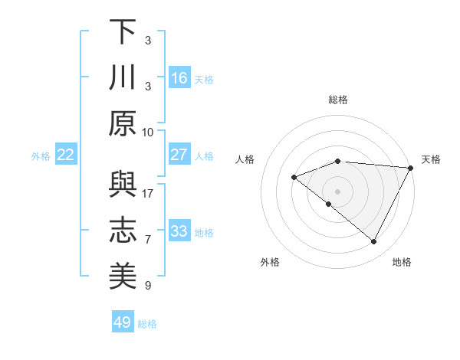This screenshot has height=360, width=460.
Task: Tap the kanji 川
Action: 123,78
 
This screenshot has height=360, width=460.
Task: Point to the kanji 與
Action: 123,185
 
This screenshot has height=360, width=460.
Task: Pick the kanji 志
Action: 123,231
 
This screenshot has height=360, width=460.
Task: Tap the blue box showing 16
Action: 179,78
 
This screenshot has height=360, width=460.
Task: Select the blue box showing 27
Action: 179,155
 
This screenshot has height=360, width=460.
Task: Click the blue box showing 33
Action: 179,231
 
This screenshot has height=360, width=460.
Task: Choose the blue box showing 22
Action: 66,155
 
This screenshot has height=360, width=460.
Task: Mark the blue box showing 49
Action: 123,322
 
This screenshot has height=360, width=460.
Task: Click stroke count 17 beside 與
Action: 148,193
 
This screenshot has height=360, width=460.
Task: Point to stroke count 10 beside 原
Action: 148,132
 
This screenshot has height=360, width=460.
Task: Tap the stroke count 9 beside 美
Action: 148,286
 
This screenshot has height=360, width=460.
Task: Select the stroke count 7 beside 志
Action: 148,240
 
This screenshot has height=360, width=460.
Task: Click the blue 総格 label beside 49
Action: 147,324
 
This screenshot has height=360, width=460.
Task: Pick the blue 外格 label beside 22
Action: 41,156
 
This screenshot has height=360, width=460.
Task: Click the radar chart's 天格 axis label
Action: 431,159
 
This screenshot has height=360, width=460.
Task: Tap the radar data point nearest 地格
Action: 374,242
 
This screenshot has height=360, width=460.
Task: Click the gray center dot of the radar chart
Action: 337,191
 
